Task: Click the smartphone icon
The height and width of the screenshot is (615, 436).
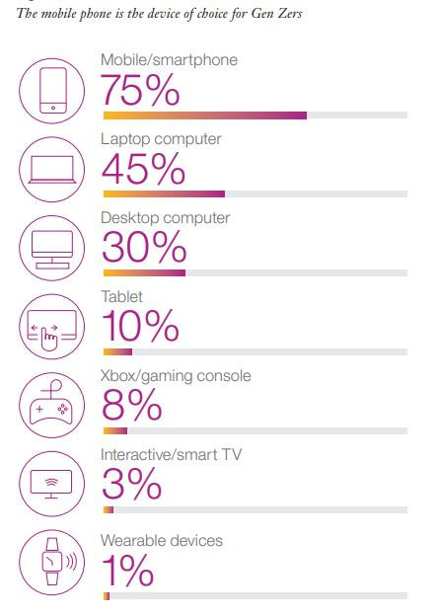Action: coord(53,91)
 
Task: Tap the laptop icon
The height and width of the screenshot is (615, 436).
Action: coord(52,170)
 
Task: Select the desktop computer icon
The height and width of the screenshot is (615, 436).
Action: coord(52,250)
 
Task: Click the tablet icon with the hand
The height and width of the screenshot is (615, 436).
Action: coord(52,329)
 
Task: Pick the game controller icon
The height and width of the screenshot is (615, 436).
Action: coord(51,403)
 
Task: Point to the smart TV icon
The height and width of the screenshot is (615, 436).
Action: coord(51,484)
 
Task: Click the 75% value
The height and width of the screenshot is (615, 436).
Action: coord(141,91)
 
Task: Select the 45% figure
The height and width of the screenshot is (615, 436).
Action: coord(143,169)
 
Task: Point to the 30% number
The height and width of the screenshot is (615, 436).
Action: coord(144,248)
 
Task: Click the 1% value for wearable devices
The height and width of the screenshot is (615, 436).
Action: coord(127,571)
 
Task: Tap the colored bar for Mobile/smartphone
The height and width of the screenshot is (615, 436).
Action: coord(205,115)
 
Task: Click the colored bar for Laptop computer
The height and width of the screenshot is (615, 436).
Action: coord(164,194)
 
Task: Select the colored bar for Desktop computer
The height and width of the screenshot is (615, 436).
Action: coord(144,273)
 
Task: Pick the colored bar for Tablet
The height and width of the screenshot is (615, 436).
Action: coord(117,351)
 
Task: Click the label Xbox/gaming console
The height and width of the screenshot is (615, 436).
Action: coord(176,376)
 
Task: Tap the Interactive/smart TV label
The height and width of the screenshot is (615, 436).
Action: coord(171,454)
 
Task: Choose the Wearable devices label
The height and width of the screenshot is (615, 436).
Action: coord(162,541)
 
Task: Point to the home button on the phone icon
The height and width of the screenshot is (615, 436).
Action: coord(53,108)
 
